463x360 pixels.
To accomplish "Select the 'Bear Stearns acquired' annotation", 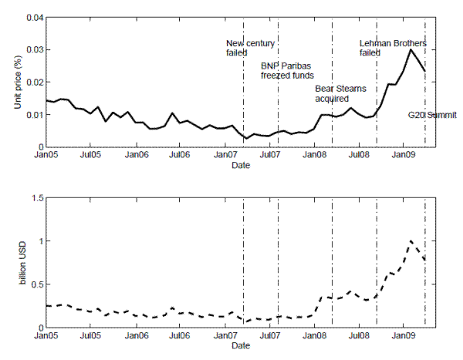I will pyautogui.click(x=340, y=94).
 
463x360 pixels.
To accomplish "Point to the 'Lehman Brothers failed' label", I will pyautogui.click(x=393, y=48).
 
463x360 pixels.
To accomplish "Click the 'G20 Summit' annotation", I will pyautogui.click(x=432, y=115).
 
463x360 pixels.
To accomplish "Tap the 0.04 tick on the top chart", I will pyautogui.click(x=32, y=18).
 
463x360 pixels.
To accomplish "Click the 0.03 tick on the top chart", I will pyautogui.click(x=32, y=50).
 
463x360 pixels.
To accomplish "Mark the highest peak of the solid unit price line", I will pyautogui.click(x=411, y=50).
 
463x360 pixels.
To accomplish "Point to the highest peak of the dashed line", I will pyautogui.click(x=411, y=241).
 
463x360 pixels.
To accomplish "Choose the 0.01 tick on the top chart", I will pyautogui.click(x=32, y=115).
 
